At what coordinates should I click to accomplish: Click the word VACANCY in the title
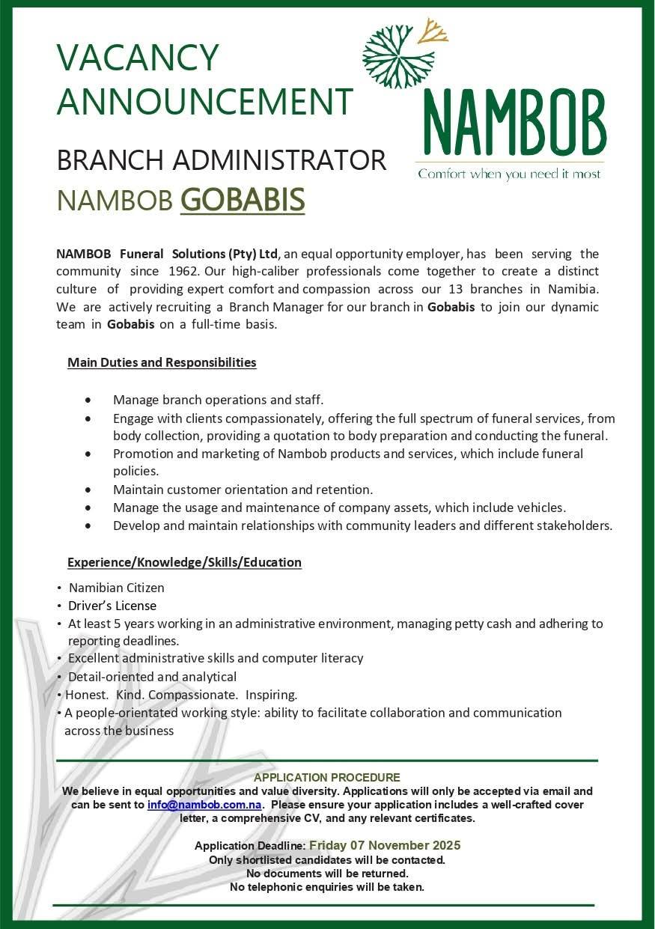(138, 58)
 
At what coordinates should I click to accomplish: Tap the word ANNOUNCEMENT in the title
(204, 102)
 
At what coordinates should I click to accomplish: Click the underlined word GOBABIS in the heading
(243, 200)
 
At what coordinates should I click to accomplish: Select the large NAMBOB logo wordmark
(514, 121)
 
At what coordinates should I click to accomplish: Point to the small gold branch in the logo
(433, 31)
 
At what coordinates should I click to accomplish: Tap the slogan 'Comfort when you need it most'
(509, 174)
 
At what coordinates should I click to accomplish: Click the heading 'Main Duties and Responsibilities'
(162, 363)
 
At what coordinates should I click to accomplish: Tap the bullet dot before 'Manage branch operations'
(89, 400)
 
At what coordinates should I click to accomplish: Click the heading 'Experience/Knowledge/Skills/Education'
(184, 562)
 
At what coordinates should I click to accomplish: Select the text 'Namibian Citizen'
(116, 588)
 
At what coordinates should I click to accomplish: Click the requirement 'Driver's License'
(112, 606)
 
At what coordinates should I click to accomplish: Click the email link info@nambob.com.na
(204, 805)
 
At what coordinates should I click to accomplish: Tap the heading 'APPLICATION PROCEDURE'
(327, 778)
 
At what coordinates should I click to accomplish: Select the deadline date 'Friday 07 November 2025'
(385, 845)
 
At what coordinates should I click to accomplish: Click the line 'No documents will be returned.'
(327, 874)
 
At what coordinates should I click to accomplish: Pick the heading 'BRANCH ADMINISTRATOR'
(222, 159)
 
